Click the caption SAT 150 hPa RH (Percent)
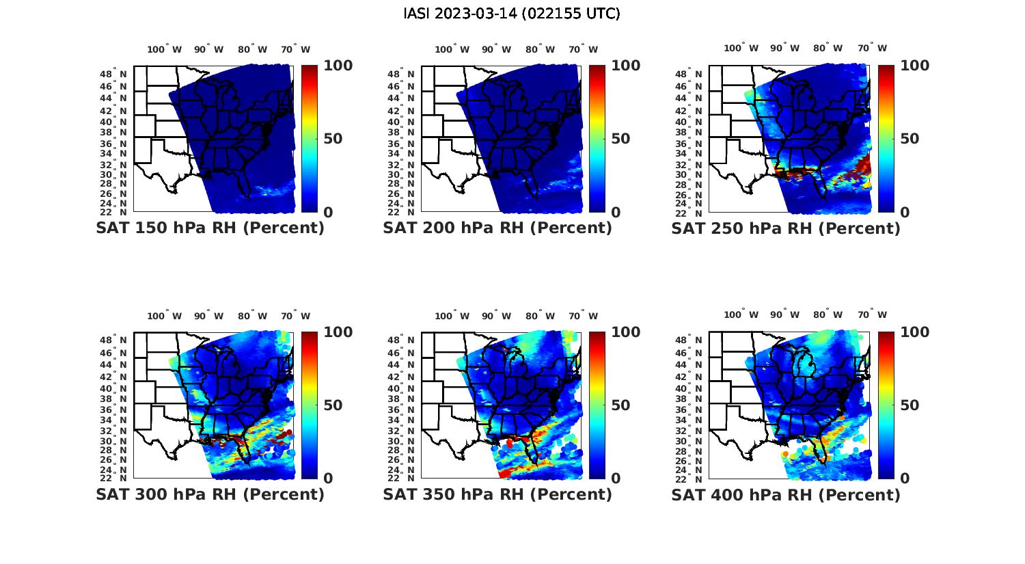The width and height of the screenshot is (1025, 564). [x=210, y=228]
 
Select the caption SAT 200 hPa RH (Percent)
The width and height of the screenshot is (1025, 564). [x=497, y=228]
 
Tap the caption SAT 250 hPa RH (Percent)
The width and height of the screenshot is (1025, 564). [x=786, y=228]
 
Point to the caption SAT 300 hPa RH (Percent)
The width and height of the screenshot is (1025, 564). [x=210, y=494]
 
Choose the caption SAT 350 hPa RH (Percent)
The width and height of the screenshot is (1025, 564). [x=497, y=494]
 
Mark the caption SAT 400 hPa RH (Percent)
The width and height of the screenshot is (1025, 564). [x=786, y=494]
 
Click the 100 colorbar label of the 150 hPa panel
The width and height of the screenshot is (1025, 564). [x=338, y=66]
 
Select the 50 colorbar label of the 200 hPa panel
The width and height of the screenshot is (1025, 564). [x=620, y=139]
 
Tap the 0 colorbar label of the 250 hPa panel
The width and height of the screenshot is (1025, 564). [x=905, y=212]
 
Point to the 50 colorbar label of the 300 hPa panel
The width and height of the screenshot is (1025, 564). [x=332, y=405]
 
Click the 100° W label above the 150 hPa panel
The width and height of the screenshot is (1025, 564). [x=165, y=49]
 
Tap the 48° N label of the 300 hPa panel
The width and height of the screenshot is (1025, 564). [x=114, y=340]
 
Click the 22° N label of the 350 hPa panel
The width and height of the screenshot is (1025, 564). [x=402, y=478]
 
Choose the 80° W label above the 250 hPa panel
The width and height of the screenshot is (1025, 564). [x=828, y=48]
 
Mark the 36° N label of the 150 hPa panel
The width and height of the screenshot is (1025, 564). [x=114, y=144]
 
